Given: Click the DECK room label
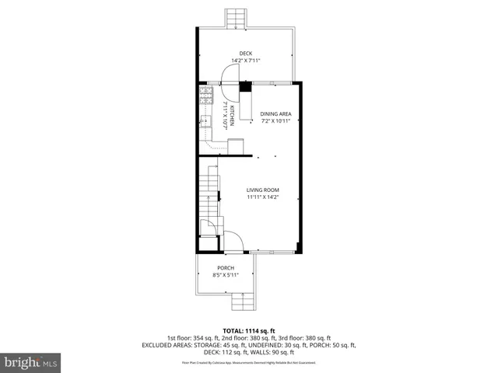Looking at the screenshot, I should [x=245, y=54].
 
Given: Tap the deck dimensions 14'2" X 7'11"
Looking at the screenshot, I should [x=245, y=61].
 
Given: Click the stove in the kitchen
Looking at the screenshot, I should [x=206, y=96].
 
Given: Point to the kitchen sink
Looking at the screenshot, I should [x=205, y=120].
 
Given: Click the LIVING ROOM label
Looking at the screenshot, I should [x=263, y=190].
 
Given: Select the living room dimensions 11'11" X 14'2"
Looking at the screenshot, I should [x=263, y=197].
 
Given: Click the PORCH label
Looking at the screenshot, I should [x=226, y=267].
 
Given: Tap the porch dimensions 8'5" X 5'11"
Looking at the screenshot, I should [x=226, y=274].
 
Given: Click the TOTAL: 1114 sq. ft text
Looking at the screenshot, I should [x=248, y=329].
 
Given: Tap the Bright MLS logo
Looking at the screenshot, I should [x=31, y=362].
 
